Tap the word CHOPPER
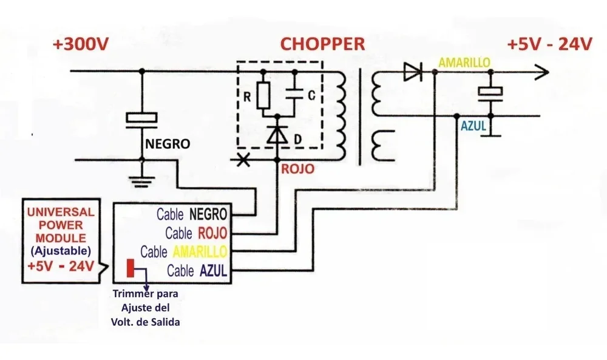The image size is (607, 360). pos(322,44)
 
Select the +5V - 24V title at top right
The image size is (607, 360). pos(549,45)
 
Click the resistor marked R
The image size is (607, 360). pos(263,96)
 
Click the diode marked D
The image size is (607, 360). pos(278,135)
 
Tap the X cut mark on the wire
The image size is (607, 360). pos(243,160)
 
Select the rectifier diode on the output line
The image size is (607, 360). pos(413,72)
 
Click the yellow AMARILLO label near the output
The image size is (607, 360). pos(464,63)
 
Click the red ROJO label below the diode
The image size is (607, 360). pos(297,170)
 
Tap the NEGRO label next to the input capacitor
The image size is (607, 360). pos(167,144)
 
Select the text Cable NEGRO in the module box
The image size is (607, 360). pos(192,214)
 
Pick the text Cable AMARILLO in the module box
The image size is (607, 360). pos(183,251)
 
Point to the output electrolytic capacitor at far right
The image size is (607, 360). pos(490,92)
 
